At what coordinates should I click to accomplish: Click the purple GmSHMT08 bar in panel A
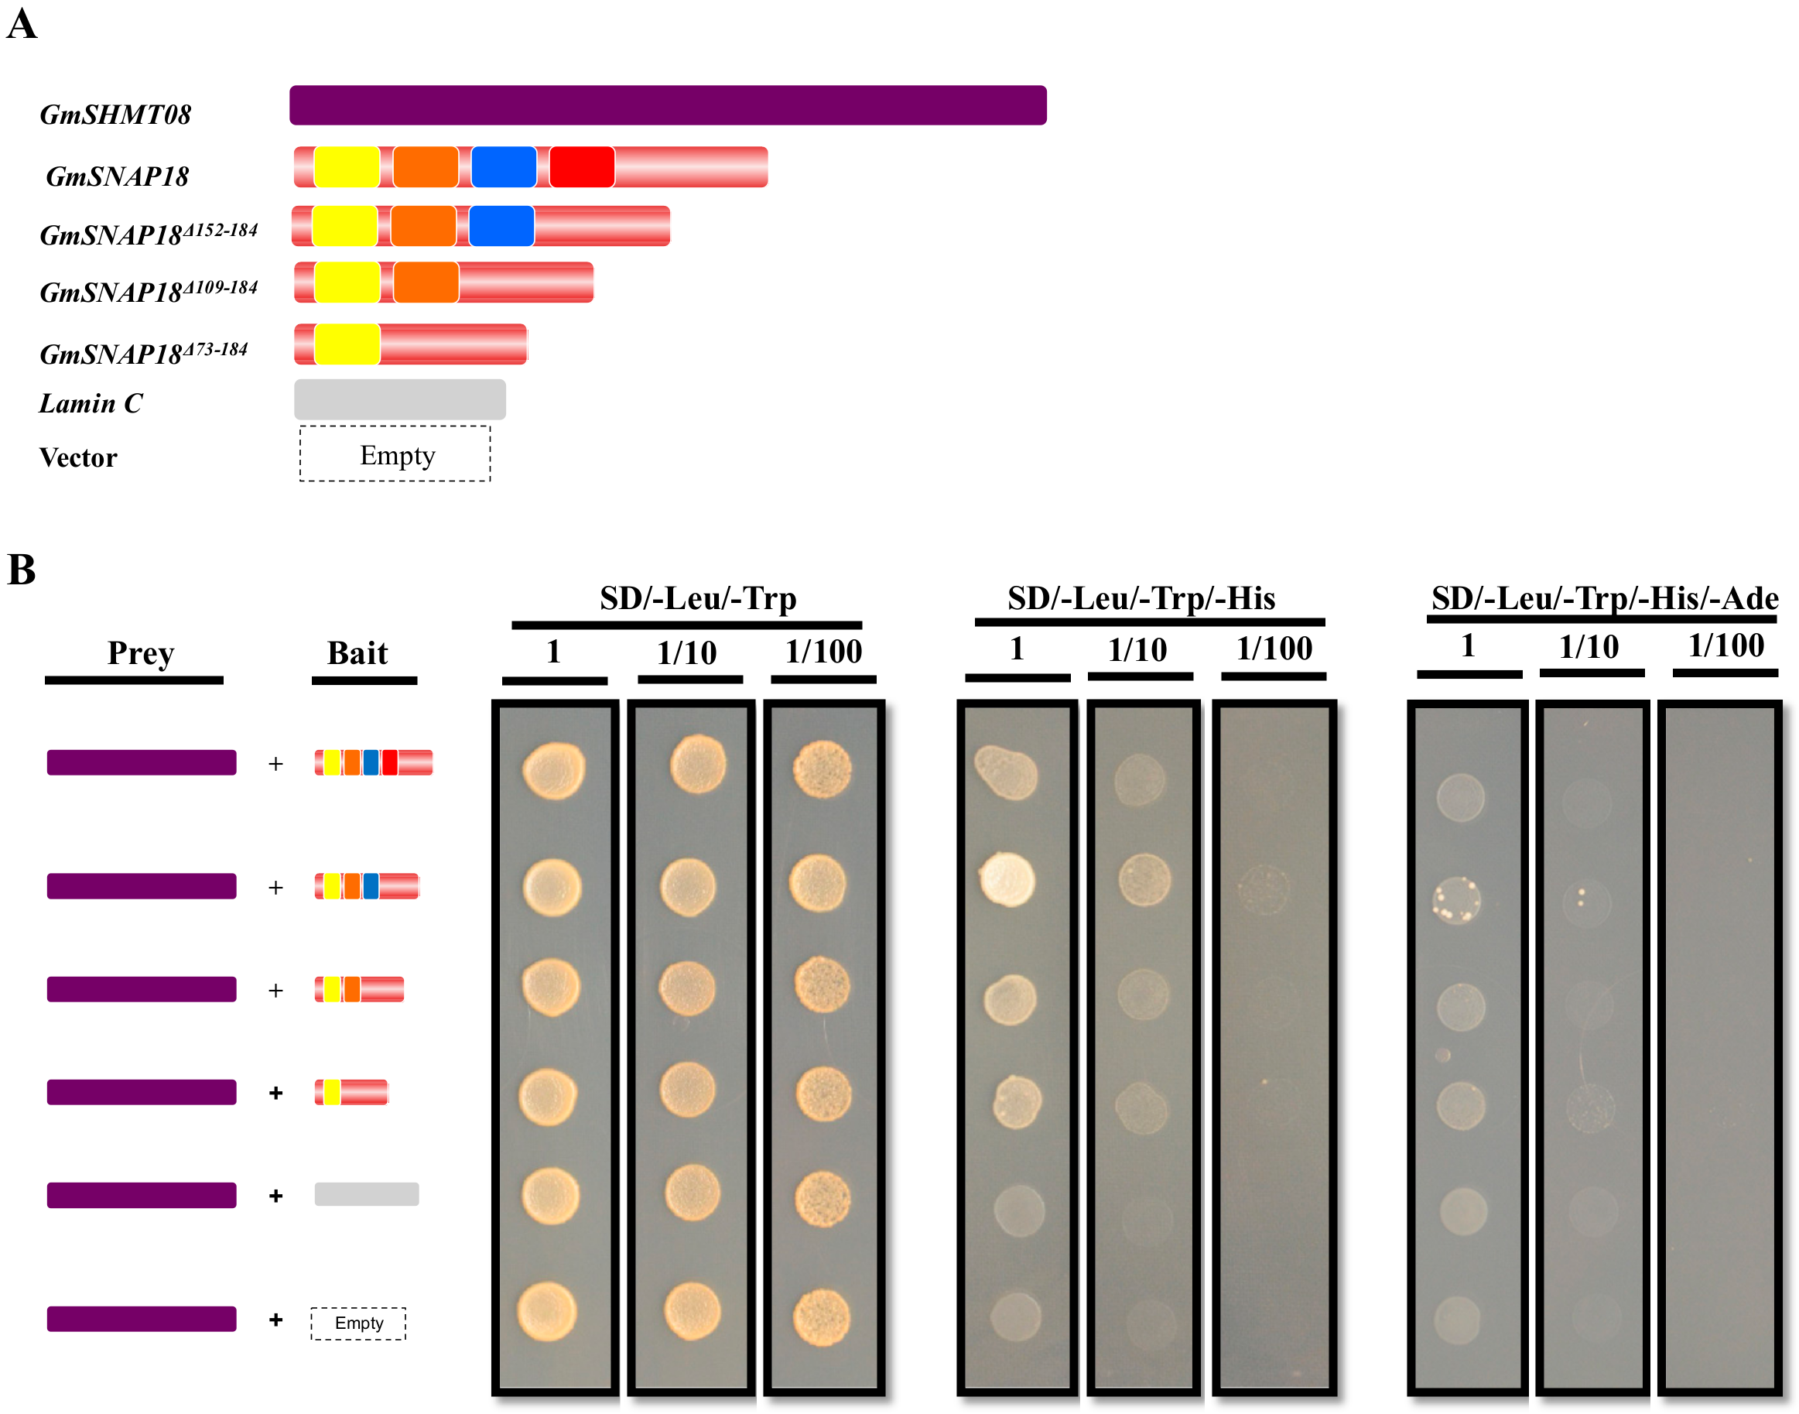(667, 105)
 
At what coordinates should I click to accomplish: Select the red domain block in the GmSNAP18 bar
(581, 166)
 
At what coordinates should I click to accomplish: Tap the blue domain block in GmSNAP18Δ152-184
(501, 226)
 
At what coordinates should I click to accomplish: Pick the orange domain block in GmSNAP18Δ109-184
(426, 282)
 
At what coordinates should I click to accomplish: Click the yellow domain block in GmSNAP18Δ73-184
(347, 344)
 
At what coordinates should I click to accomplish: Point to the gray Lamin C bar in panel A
(400, 399)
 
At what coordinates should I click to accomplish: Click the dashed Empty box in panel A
(395, 454)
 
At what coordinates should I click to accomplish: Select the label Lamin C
(91, 403)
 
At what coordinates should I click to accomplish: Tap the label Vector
(78, 458)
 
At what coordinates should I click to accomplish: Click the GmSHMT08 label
(115, 115)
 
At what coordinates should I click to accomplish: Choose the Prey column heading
(141, 652)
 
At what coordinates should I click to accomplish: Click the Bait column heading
(357, 652)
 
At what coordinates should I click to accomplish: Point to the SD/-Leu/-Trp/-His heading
(1141, 597)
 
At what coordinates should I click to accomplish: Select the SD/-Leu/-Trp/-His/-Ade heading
(1605, 597)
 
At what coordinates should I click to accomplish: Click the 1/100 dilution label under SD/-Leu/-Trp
(823, 652)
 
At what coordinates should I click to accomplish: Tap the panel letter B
(22, 570)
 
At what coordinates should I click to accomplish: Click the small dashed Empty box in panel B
(358, 1323)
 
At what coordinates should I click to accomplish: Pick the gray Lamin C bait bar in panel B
(366, 1193)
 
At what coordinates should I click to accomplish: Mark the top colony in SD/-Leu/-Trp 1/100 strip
(822, 769)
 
